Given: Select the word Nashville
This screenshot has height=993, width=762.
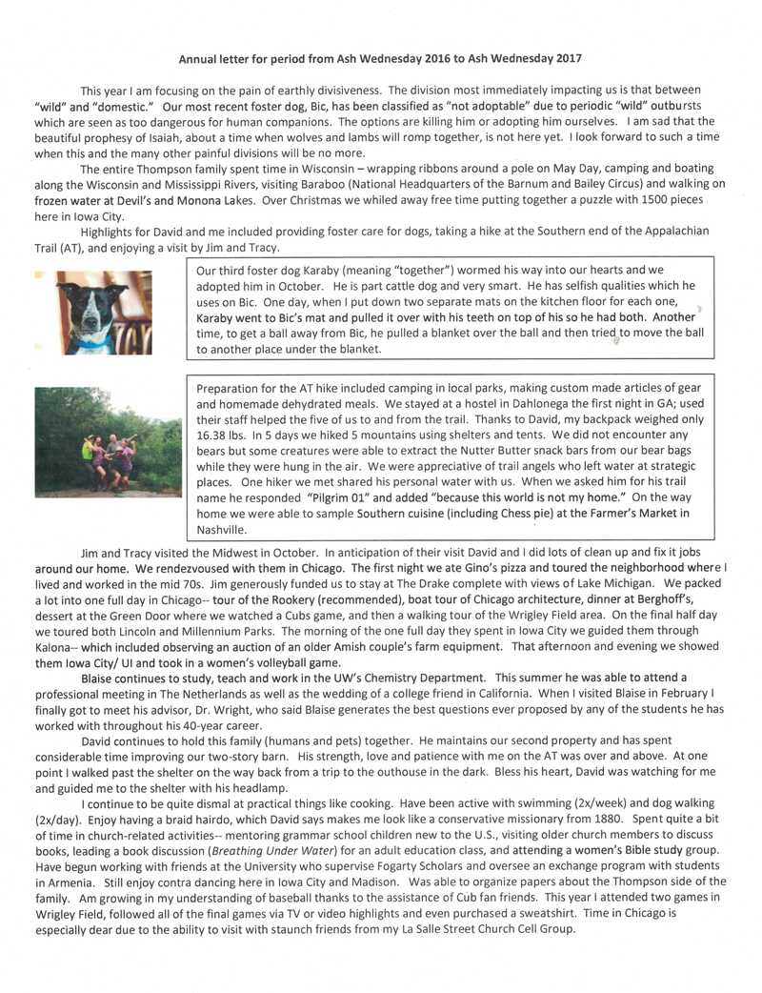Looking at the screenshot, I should pos(222,529).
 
